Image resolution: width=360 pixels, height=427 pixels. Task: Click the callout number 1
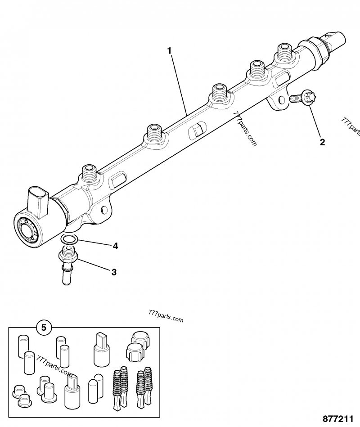click(170, 51)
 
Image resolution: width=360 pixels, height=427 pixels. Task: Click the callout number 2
click(322, 142)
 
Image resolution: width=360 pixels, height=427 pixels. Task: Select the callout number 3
click(114, 272)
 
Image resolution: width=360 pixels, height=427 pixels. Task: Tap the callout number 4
click(115, 246)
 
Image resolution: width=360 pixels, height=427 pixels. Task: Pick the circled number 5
click(44, 328)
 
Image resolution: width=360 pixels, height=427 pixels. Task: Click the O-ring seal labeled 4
click(69, 239)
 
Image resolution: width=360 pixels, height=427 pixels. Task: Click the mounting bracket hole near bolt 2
click(282, 101)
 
